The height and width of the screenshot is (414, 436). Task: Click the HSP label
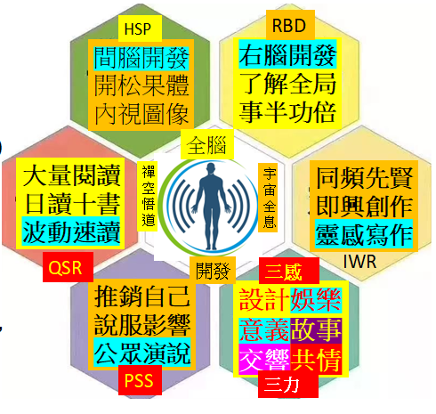pyautogui.click(x=140, y=28)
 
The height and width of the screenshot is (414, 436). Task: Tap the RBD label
pyautogui.click(x=290, y=25)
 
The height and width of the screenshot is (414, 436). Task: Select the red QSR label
pyautogui.click(x=68, y=267)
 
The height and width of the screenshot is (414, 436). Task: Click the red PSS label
pyautogui.click(x=140, y=380)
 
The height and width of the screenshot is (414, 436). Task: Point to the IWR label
pyautogui.click(x=359, y=262)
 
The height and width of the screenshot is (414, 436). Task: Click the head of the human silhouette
pyautogui.click(x=211, y=168)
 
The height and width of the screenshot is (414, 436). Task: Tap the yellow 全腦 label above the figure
pyautogui.click(x=207, y=145)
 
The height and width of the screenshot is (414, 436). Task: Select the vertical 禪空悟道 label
pyautogui.click(x=148, y=196)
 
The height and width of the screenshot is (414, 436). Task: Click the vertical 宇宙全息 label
pyautogui.click(x=269, y=198)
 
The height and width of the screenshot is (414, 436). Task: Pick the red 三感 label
pyautogui.click(x=289, y=271)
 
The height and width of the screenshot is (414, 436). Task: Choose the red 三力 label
pyautogui.click(x=287, y=385)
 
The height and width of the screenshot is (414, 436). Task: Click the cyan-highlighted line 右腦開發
pyautogui.click(x=287, y=55)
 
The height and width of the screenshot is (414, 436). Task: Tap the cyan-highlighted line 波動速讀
pyautogui.click(x=71, y=232)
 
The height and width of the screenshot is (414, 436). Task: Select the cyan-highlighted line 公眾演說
pyautogui.click(x=142, y=353)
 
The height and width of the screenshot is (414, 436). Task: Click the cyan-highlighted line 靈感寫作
pyautogui.click(x=364, y=234)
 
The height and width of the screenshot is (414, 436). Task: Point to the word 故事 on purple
pyautogui.click(x=316, y=329)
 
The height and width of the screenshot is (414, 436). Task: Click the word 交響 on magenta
pyautogui.click(x=264, y=359)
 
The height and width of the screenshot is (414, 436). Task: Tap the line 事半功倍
pyautogui.click(x=287, y=113)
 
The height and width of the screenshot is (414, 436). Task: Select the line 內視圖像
pyautogui.click(x=141, y=114)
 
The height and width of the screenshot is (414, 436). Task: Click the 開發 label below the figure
pyautogui.click(x=213, y=270)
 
